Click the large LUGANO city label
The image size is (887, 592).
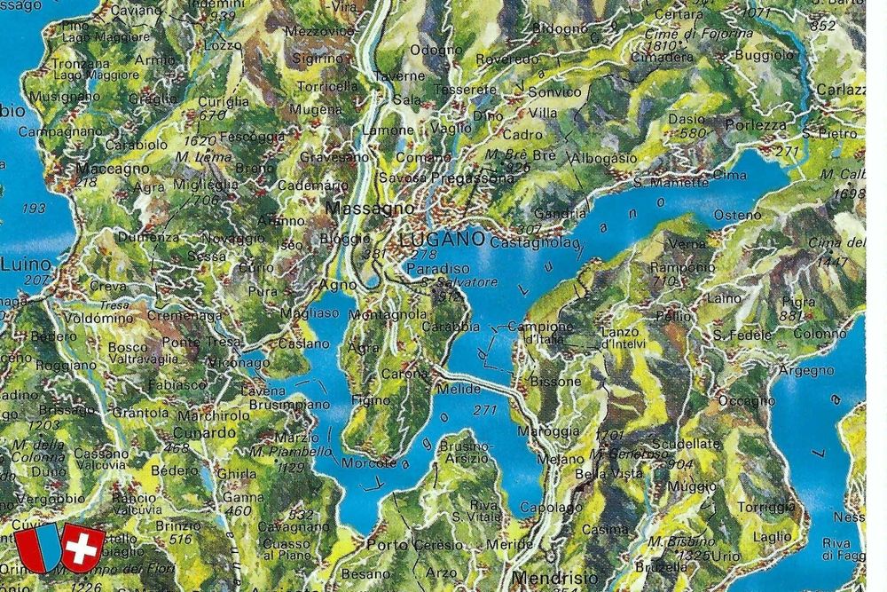[441, 240]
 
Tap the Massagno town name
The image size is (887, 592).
[358, 209]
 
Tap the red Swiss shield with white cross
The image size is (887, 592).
[82, 547]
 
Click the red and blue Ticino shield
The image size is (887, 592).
[37, 548]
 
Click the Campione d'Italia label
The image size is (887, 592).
[539, 333]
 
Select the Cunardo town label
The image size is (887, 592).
[209, 432]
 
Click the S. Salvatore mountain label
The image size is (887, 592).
[447, 282]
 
